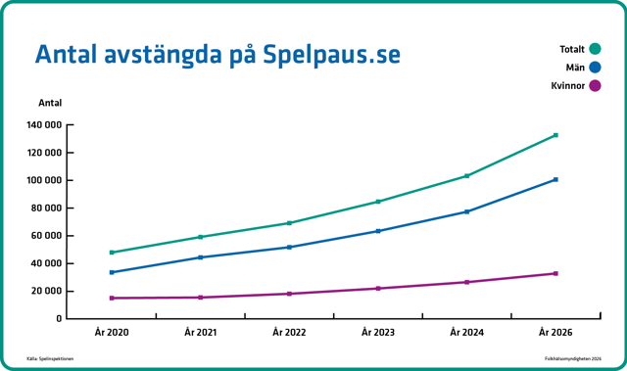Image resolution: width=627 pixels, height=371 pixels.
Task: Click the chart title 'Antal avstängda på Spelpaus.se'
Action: pos(217,54)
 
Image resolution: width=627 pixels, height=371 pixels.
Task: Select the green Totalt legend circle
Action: pos(595,49)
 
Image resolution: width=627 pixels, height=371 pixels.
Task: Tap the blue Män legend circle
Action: pos(595,68)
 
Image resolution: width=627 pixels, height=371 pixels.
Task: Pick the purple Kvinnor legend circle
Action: pos(595,86)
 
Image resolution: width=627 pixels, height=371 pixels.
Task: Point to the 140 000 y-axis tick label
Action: pos(45,125)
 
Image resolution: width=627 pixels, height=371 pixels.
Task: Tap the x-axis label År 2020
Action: pos(112,333)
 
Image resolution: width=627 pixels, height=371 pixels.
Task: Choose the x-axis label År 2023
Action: pos(378,333)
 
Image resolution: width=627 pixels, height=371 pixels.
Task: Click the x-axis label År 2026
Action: pos(555,333)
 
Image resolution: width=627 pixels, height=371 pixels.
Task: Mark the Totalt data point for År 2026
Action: pos(555,135)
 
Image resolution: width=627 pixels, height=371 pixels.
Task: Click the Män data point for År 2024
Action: pos(466,211)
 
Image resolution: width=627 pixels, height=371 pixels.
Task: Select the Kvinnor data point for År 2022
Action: pos(289,294)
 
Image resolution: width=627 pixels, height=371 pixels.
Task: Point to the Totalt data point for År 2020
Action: pos(112,253)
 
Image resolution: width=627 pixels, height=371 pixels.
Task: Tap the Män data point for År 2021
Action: pos(200,257)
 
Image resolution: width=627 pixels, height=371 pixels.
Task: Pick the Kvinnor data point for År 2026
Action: pos(555,273)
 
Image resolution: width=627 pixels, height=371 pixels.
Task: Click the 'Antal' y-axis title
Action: pos(49,103)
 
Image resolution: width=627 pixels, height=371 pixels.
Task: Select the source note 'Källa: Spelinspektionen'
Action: pos(50,359)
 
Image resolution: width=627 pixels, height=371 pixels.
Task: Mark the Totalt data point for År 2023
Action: pos(378,202)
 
